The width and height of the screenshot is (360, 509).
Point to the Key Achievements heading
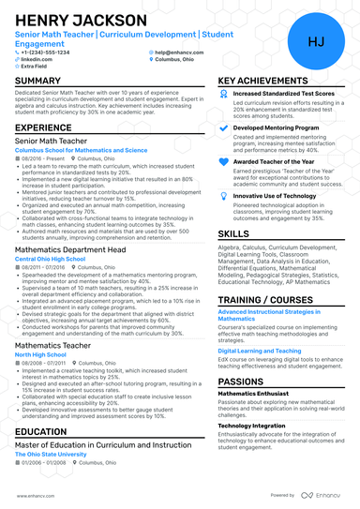pyautogui.click(x=263, y=82)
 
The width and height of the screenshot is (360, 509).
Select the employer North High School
pyautogui.click(x=38, y=354)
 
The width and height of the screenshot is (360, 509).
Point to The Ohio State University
pyautogui.click(x=50, y=453)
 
